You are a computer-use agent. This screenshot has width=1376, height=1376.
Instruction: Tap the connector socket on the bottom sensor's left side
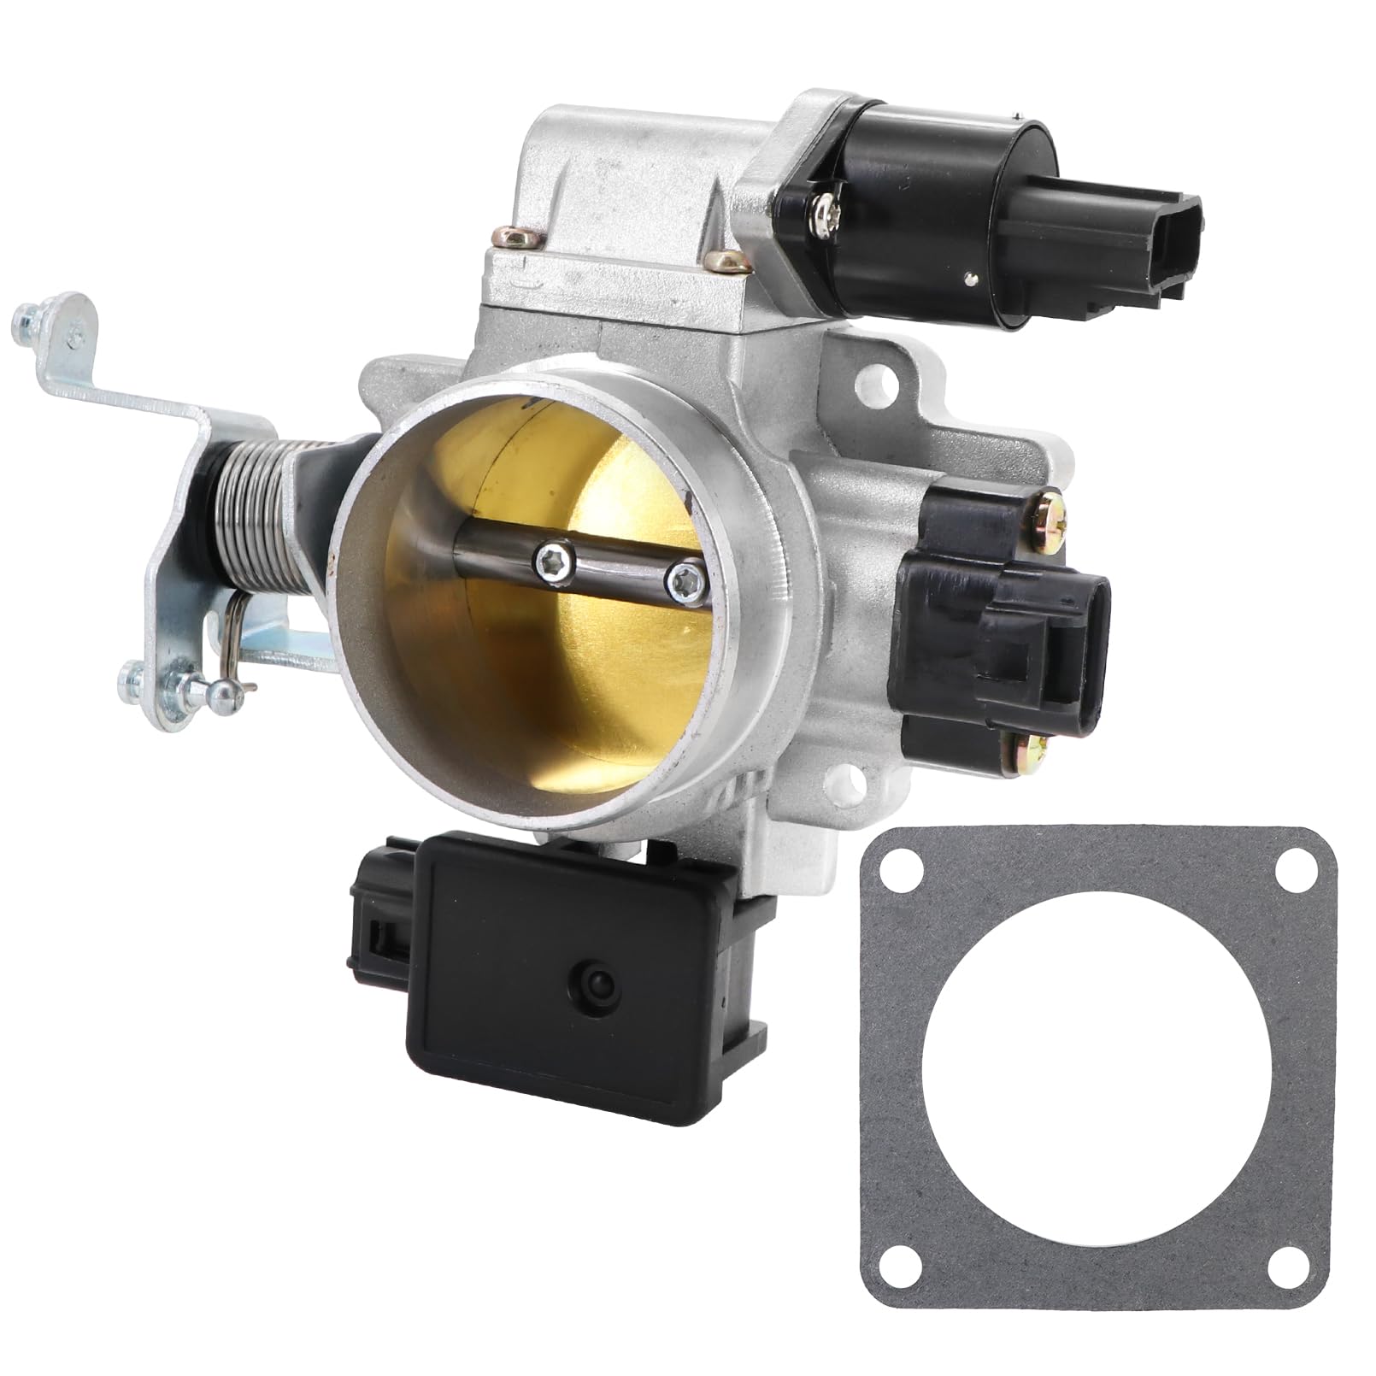tap(376, 949)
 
